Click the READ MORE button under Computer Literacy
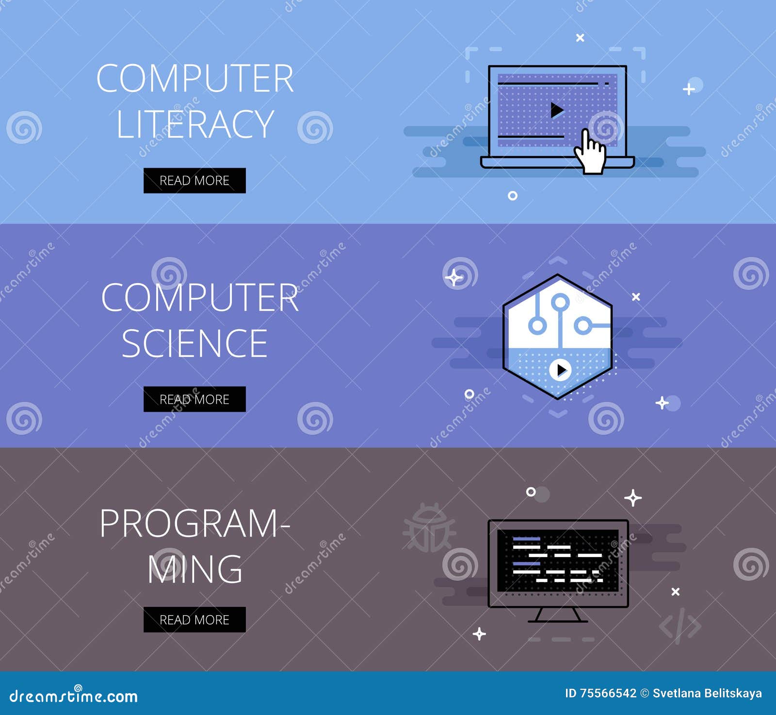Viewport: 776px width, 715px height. click(x=194, y=180)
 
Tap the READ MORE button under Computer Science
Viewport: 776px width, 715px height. click(x=194, y=399)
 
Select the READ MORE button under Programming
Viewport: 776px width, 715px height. click(x=194, y=620)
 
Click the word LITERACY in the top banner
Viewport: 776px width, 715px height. click(x=195, y=124)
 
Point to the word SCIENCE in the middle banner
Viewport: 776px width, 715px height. click(x=194, y=343)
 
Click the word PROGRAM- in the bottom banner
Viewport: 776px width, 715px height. click(x=194, y=524)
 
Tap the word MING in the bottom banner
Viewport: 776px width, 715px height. click(x=194, y=569)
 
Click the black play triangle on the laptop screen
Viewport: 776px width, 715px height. click(x=557, y=111)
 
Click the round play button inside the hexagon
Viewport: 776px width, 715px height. click(x=561, y=370)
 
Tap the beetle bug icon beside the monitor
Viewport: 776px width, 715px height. click(x=429, y=528)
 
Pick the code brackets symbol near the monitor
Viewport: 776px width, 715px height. click(x=680, y=626)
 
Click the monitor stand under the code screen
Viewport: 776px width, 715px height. click(x=558, y=615)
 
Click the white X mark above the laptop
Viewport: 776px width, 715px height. click(x=580, y=38)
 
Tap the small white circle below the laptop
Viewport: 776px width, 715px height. click(x=513, y=196)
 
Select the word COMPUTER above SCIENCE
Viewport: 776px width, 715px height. click(x=199, y=298)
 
